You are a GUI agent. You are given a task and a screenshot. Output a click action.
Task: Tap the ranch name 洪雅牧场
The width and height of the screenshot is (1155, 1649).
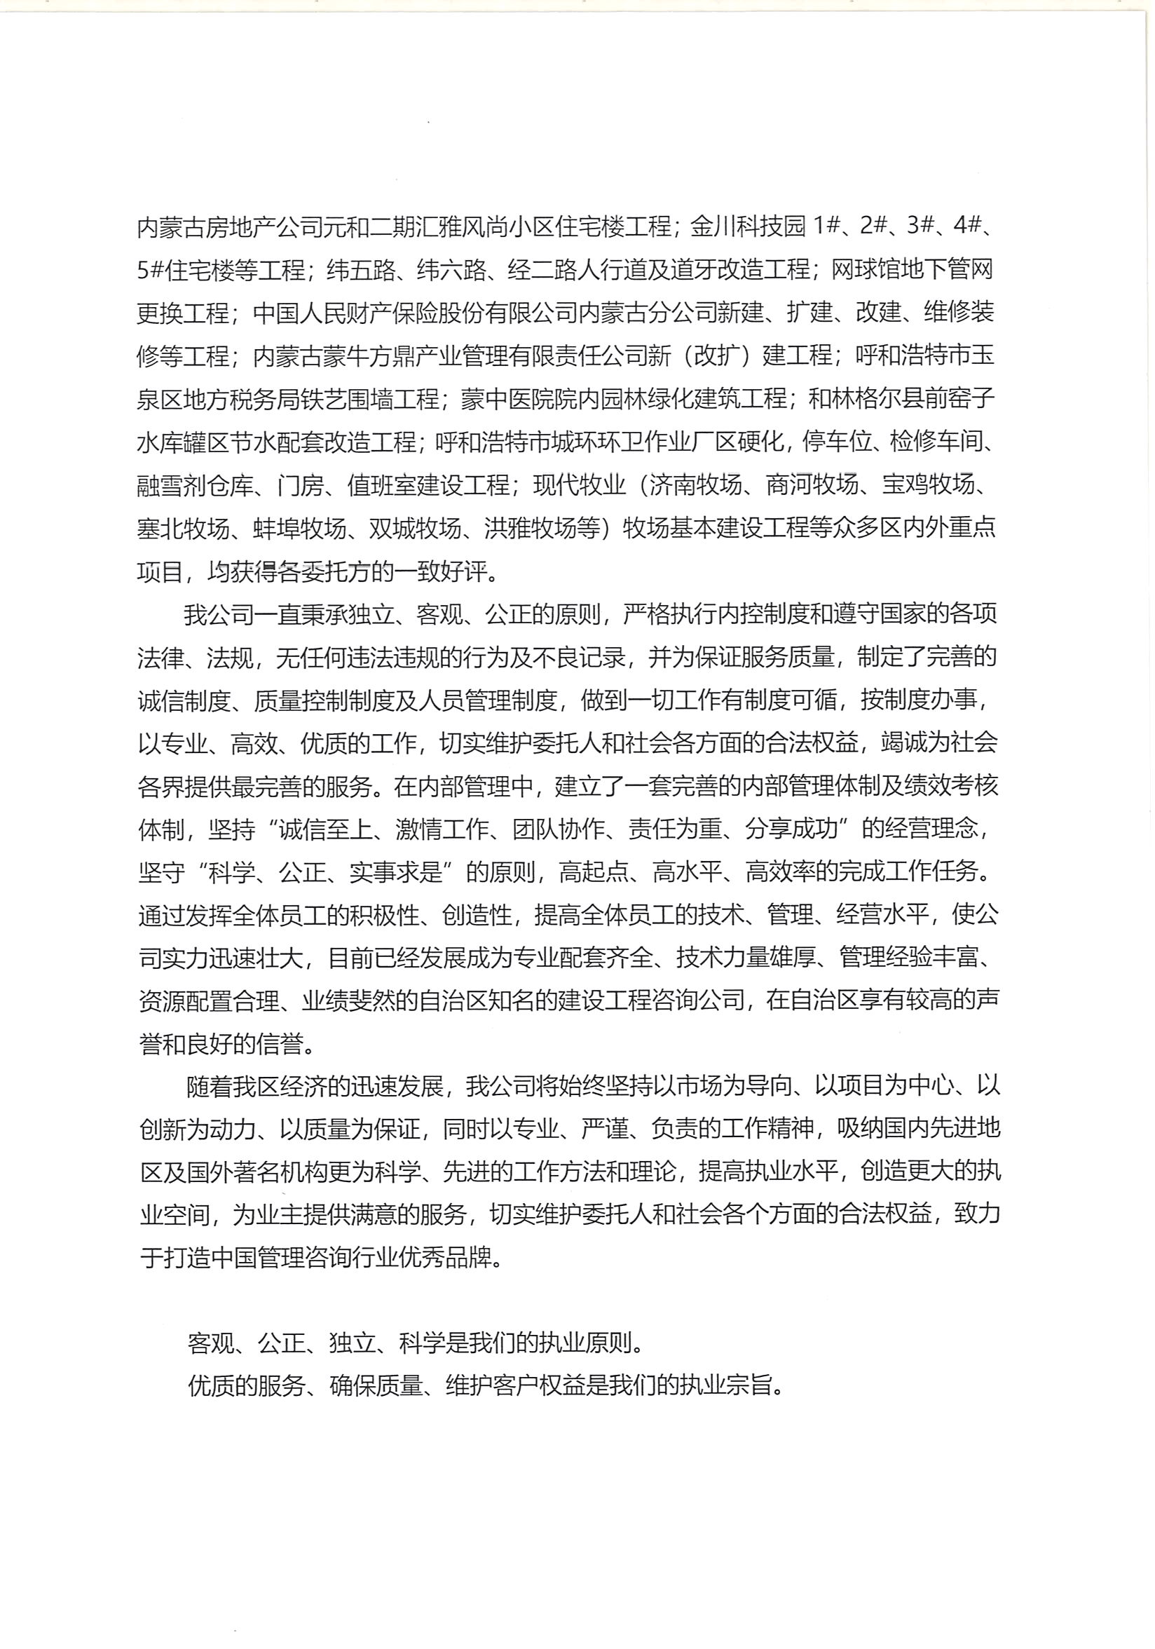[x=531, y=529]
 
